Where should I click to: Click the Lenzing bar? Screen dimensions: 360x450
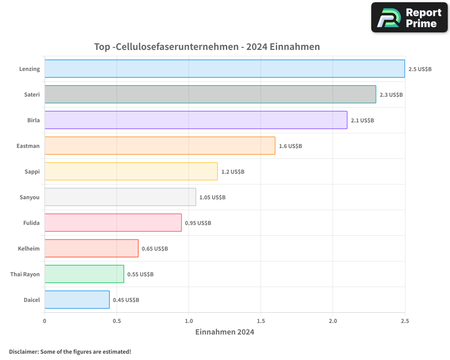(225, 69)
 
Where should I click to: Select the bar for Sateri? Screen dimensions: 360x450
(210, 94)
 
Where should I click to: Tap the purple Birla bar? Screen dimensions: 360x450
(196, 120)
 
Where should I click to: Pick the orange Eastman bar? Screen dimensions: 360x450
(160, 146)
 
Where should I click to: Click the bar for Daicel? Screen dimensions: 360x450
(77, 300)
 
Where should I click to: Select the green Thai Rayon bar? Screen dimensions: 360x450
(84, 274)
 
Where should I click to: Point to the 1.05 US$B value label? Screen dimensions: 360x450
(212, 198)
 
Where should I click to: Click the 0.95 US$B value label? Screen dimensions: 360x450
(198, 223)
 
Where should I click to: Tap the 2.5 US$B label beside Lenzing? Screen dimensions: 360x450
(420, 69)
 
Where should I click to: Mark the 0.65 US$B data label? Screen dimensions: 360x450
(155, 249)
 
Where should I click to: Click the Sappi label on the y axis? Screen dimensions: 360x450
(32, 171)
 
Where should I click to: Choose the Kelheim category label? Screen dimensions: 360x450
(29, 248)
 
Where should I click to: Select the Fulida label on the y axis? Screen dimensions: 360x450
(31, 223)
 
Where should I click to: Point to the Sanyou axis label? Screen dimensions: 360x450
(30, 197)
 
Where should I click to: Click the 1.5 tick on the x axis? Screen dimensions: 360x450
(261, 321)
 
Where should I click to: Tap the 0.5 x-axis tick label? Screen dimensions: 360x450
(117, 321)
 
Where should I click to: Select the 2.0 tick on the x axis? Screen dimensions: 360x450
(333, 321)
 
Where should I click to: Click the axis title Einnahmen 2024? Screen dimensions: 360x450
(225, 332)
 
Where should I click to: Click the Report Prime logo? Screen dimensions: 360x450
(409, 18)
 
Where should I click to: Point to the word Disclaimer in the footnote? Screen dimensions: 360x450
(23, 351)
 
